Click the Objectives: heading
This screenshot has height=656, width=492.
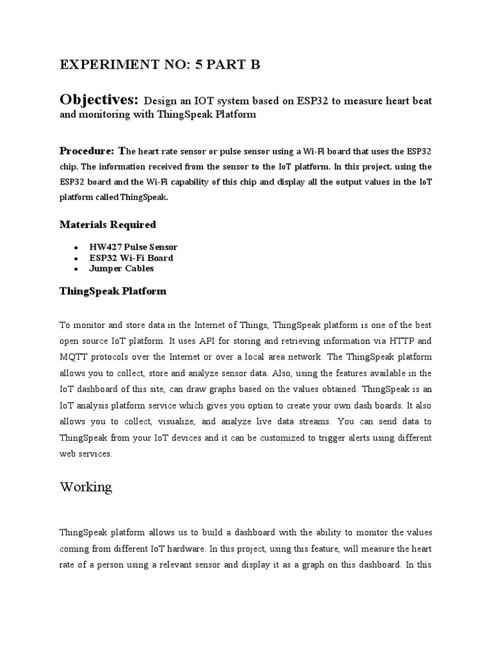pyautogui.click(x=99, y=100)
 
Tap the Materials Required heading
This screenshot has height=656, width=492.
pyautogui.click(x=108, y=224)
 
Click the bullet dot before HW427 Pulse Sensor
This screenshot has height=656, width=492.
pyautogui.click(x=76, y=247)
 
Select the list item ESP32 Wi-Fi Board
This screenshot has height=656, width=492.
pyautogui.click(x=132, y=258)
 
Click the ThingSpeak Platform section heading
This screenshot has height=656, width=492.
pyautogui.click(x=113, y=291)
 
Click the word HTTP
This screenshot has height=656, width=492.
pyautogui.click(x=403, y=341)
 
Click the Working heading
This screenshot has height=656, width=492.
pyautogui.click(x=86, y=487)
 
